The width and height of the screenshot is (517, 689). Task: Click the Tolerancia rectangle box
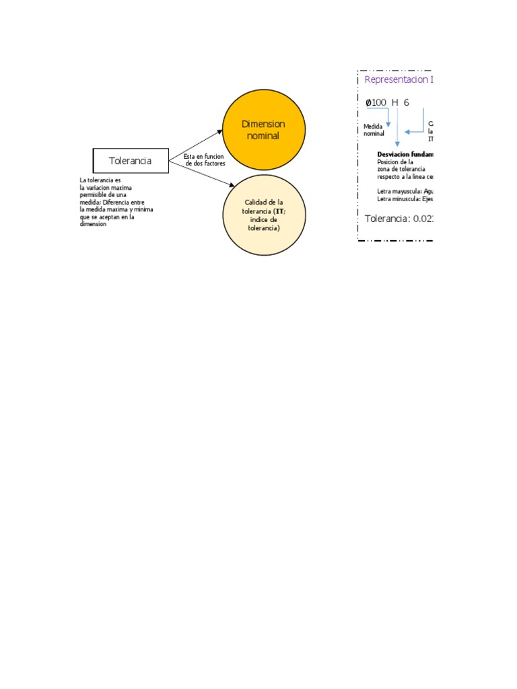[131, 161]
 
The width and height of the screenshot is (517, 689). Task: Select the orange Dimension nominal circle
[264, 129]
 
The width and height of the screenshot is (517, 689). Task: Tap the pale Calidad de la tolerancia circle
[264, 215]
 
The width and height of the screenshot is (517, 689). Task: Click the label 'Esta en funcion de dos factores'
[204, 159]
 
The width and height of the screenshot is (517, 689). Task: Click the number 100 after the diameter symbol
[379, 102]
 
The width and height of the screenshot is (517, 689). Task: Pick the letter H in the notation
[395, 102]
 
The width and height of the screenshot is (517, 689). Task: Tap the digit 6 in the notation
[407, 102]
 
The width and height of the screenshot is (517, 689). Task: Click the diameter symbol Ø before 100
[368, 102]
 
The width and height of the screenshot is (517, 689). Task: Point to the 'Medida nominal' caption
[374, 129]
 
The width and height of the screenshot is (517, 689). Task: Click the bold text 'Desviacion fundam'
[405, 154]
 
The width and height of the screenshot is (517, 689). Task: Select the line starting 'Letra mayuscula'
[405, 192]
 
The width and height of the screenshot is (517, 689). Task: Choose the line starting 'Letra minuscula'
[405, 198]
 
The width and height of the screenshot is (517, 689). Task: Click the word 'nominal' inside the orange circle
[263, 136]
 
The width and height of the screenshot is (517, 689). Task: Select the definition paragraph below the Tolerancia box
[116, 202]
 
